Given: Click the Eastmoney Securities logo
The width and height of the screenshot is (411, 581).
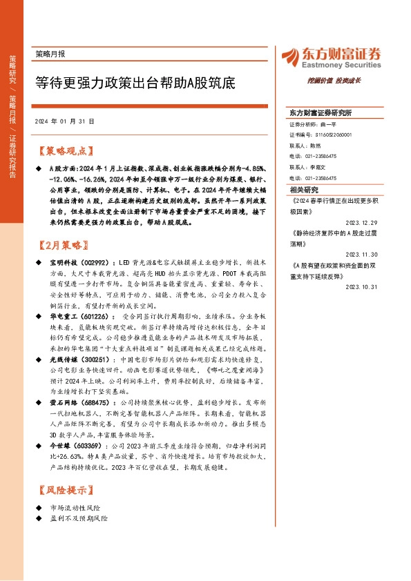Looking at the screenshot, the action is (331, 55).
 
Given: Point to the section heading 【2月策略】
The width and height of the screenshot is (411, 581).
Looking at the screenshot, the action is (62, 245).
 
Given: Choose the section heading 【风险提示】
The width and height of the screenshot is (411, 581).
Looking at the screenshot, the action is (62, 491).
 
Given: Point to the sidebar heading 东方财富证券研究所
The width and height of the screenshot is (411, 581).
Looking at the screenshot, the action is (321, 112).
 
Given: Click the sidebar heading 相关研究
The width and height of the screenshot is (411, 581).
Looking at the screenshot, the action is (304, 189).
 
